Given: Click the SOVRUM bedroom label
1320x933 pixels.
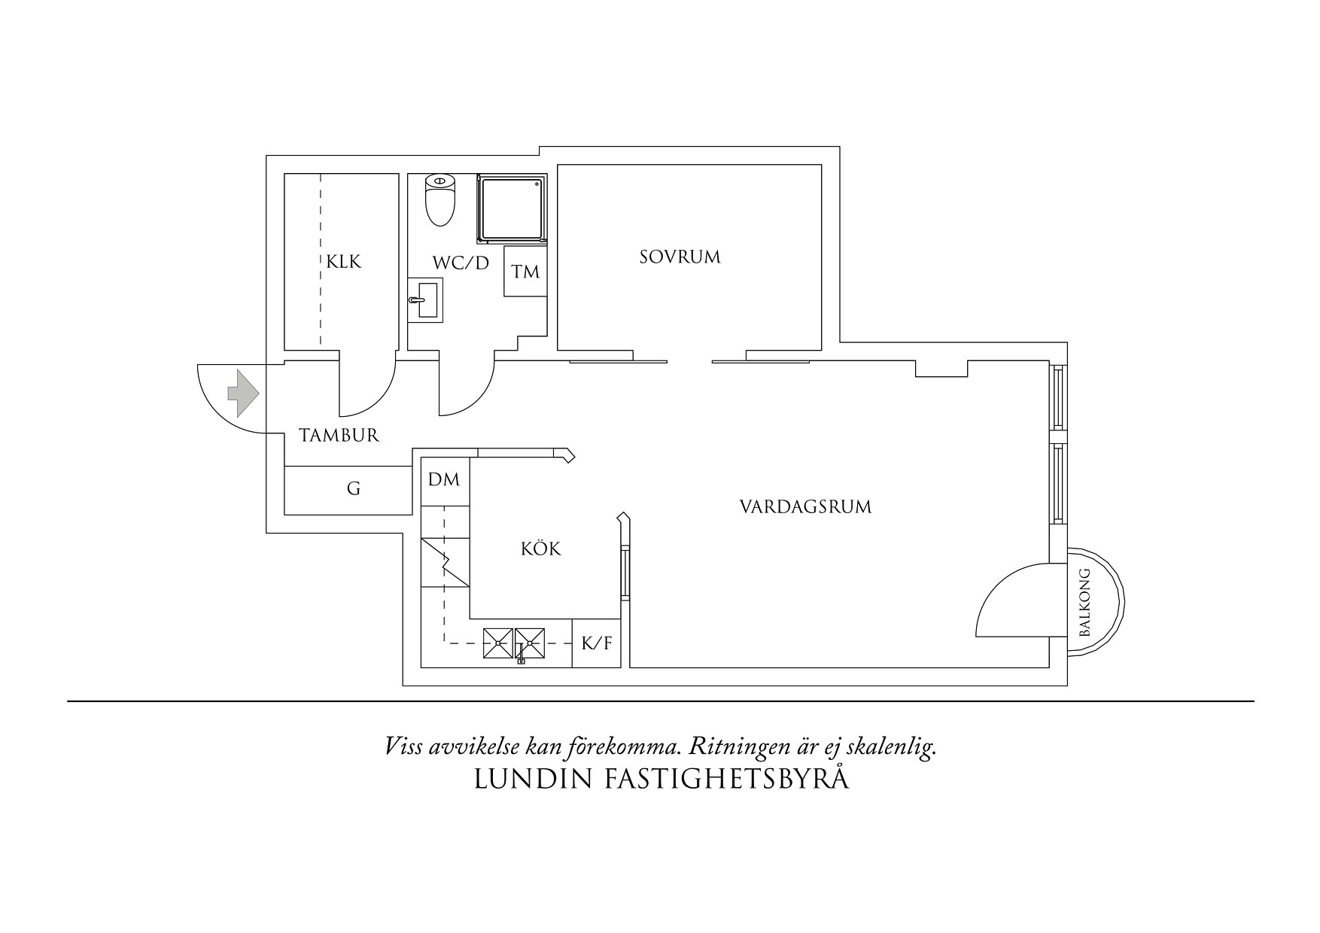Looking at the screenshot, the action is point(680,257).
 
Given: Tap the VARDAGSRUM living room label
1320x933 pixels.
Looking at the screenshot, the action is point(805,506).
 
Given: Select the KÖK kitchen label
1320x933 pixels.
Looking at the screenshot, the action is point(541,549).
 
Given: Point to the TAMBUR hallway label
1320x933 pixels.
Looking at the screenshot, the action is point(339,435).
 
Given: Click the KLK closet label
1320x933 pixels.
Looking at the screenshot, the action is point(344,262).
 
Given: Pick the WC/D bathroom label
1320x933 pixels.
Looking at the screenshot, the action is point(461,263).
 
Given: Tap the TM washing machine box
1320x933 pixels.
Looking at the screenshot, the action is point(526,270).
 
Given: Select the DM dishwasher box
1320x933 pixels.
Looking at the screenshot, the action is point(445,479).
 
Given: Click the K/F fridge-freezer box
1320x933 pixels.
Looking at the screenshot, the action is point(597,643).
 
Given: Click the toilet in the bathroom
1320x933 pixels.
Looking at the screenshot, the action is point(440,200).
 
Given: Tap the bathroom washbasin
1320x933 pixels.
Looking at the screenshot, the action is point(425,299).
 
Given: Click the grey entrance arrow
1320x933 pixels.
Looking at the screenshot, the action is point(243,393).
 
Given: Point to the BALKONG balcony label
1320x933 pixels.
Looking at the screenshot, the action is point(1084,603).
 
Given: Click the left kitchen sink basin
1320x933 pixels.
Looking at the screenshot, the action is point(498,643).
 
